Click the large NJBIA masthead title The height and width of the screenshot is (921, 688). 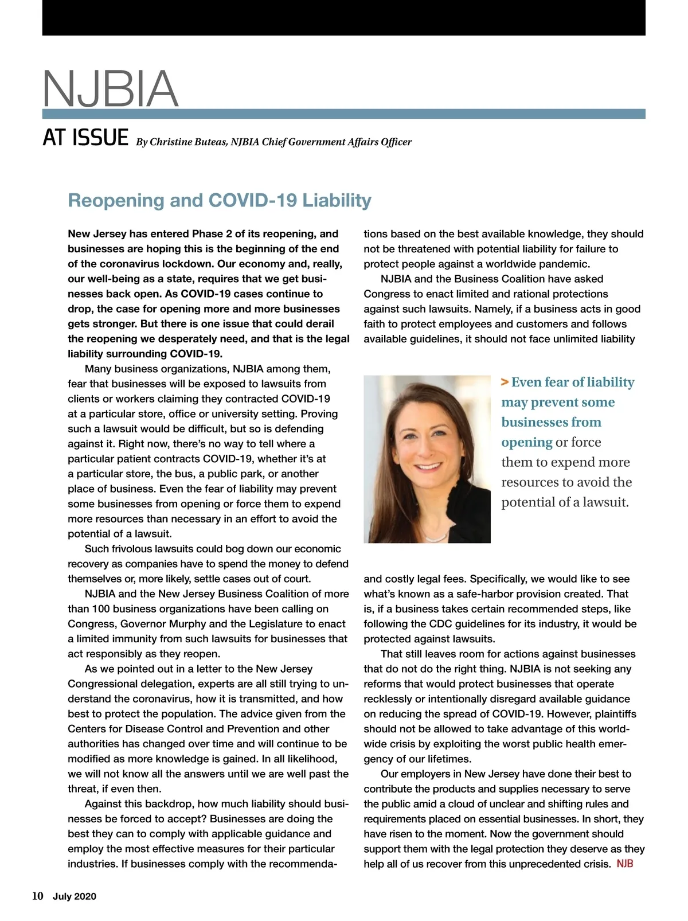point(110,88)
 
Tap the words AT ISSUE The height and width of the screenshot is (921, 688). point(85,138)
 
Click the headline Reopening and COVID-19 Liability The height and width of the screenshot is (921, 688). point(220,200)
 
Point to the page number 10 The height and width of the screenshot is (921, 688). point(37,896)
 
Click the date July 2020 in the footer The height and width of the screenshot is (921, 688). point(75,897)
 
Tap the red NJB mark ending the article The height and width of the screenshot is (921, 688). point(625,864)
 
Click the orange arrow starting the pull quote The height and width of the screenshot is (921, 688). point(505,383)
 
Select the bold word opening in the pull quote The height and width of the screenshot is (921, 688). point(526,442)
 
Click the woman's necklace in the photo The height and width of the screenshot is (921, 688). point(437,538)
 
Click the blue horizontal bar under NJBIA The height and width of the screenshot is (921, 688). point(344,114)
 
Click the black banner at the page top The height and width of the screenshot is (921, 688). point(344,18)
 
